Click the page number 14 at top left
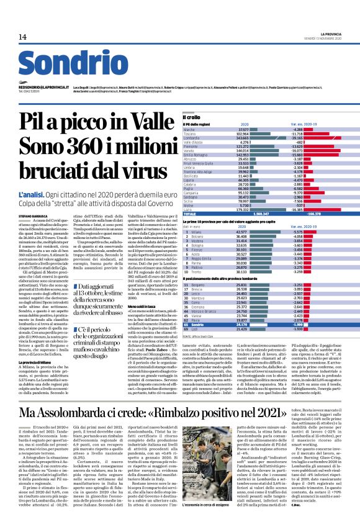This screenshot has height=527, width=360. coord(23,37)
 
